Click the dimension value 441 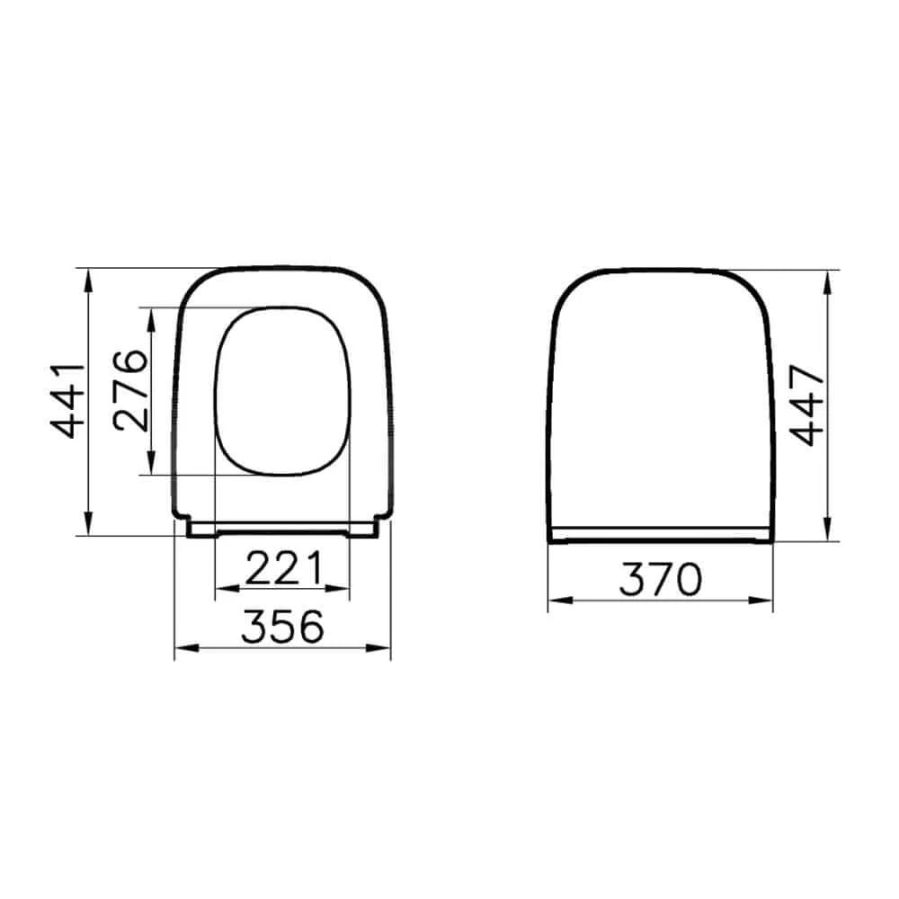click(x=67, y=400)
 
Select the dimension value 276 click(x=130, y=391)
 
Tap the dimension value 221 click(x=282, y=568)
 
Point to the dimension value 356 click(x=282, y=627)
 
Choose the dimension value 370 click(x=661, y=580)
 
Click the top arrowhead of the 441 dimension click(x=88, y=275)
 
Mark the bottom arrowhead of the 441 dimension click(x=88, y=528)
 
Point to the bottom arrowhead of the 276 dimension click(x=150, y=467)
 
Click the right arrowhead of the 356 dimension click(x=384, y=647)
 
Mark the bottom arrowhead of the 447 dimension click(x=826, y=534)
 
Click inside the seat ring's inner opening click(x=282, y=391)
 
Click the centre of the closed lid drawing click(x=661, y=405)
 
